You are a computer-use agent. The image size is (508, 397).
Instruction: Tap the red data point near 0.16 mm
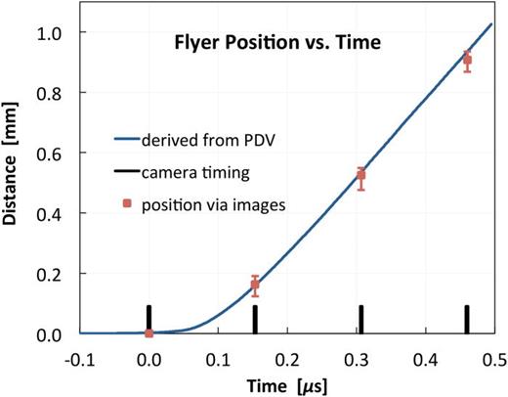tap(255, 286)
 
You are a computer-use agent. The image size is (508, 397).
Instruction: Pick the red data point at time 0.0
tap(148, 332)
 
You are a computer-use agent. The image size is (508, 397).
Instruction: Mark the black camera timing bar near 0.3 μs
tap(360, 319)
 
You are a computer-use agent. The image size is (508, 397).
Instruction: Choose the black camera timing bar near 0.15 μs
tap(255, 319)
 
